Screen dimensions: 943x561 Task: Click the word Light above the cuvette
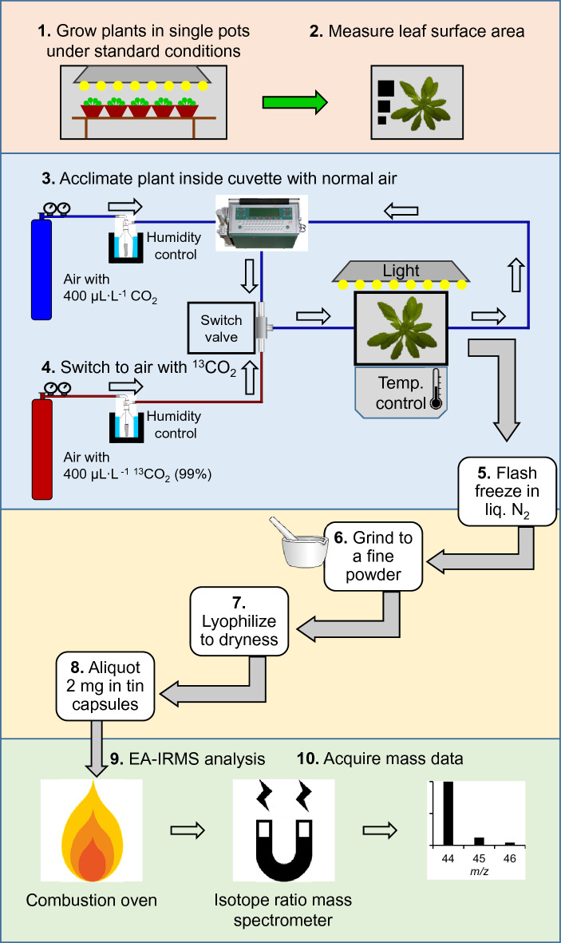click(401, 271)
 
